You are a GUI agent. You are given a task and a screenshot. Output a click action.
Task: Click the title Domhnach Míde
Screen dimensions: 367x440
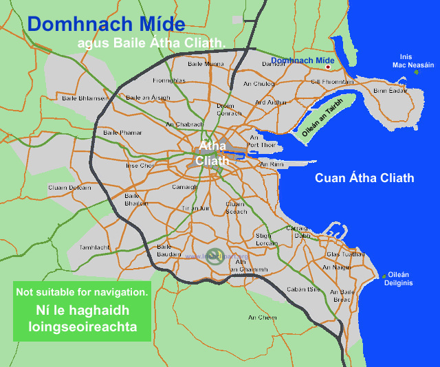107,25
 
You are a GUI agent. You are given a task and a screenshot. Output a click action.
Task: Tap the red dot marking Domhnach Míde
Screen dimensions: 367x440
329,67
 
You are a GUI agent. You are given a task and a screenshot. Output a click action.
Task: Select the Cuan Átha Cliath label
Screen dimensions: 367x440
364,178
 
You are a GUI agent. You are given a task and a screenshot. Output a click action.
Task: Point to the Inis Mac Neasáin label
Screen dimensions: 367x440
413,61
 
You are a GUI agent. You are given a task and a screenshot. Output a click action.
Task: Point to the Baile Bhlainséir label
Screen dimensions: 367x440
85,98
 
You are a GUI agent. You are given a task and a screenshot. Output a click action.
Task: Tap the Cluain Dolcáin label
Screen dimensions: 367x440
69,187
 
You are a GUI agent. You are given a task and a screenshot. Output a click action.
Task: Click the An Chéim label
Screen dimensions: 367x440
262,317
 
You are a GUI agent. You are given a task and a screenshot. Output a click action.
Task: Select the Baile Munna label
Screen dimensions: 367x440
206,64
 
